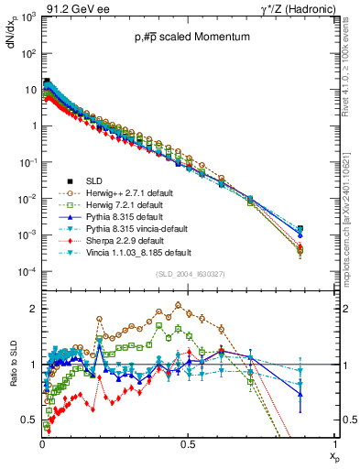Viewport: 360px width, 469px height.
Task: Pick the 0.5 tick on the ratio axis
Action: [29, 420]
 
